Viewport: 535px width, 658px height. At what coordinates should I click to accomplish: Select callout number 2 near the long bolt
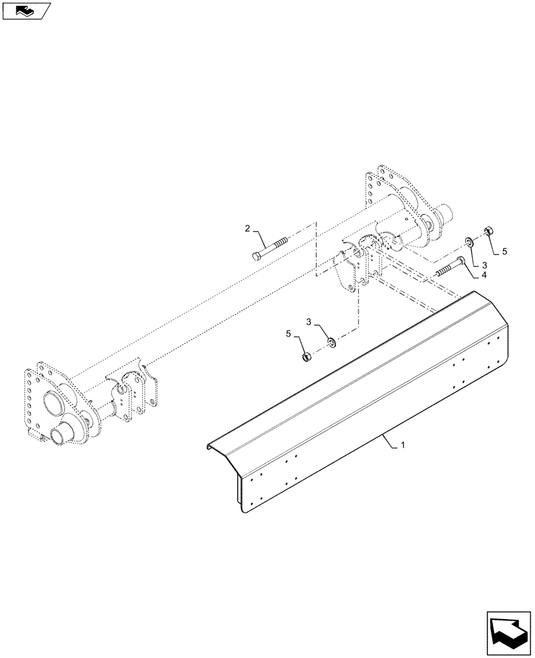click(x=248, y=228)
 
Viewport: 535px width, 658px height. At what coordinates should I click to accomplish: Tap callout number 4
click(x=484, y=275)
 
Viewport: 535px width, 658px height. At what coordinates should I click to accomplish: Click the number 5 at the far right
click(x=505, y=251)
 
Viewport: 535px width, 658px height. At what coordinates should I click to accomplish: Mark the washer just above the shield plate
click(x=331, y=342)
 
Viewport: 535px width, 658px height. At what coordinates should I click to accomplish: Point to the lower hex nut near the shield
click(x=306, y=357)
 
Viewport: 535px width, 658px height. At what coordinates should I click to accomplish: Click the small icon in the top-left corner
click(x=25, y=10)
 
